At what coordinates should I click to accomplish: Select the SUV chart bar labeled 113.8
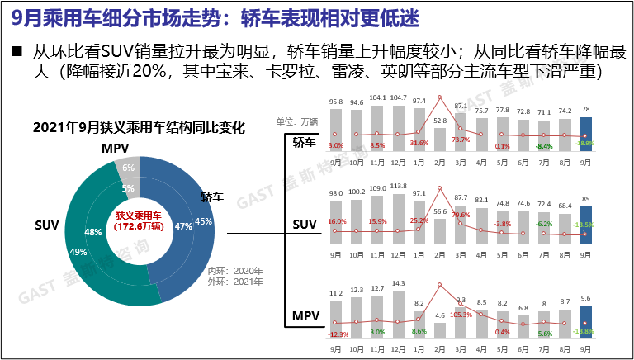tap(400, 215)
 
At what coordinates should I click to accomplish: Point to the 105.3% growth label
tap(460, 314)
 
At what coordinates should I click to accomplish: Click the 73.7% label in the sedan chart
tap(460, 140)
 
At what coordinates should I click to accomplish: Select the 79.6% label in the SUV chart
tap(460, 215)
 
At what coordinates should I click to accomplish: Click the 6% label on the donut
tap(128, 168)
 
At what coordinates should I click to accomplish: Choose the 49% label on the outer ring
tap(78, 252)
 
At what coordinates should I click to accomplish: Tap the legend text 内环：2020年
tap(234, 270)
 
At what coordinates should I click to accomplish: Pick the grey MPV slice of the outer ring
tap(128, 169)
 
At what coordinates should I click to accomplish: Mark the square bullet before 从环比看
tap(17, 51)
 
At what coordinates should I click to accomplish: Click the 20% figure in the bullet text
tap(154, 73)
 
